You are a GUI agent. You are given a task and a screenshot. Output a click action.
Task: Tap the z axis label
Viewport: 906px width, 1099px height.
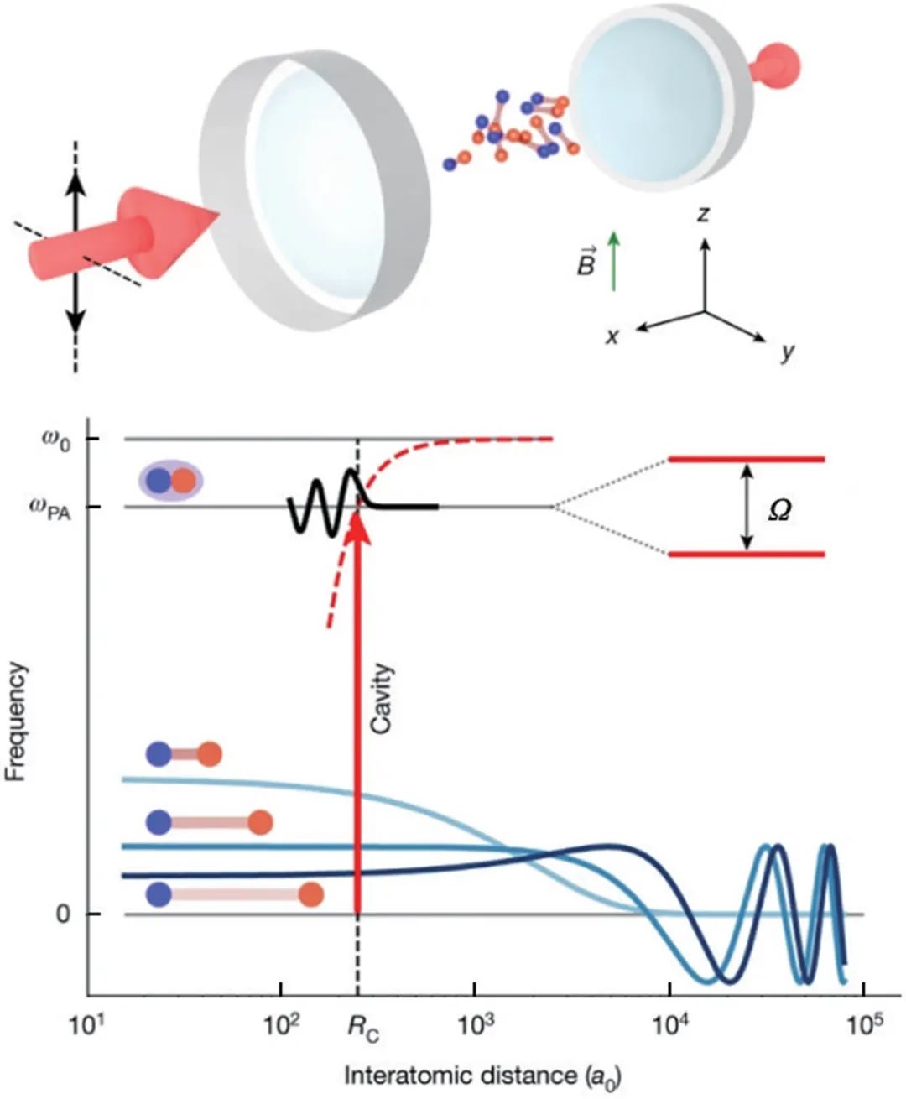[703, 215]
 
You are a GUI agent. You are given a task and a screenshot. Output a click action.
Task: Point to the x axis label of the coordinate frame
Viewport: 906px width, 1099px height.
[613, 336]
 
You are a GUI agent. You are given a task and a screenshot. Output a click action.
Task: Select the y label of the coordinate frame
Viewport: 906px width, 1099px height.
[787, 352]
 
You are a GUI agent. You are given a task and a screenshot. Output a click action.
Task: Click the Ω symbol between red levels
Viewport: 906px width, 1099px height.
[779, 509]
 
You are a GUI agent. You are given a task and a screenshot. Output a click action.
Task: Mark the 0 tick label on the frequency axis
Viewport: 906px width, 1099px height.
[63, 914]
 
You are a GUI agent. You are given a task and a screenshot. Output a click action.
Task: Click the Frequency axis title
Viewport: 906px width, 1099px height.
[18, 721]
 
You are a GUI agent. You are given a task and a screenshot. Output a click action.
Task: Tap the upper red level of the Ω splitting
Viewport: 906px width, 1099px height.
[747, 460]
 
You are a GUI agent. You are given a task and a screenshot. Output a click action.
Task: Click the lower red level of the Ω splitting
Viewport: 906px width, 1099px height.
[747, 554]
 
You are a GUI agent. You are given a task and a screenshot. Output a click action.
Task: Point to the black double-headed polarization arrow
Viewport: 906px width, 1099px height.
[75, 252]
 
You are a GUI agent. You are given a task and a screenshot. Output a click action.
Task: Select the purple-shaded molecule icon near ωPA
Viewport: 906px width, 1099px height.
[170, 481]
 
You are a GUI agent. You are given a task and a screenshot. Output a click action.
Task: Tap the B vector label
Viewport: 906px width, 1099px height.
[586, 263]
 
